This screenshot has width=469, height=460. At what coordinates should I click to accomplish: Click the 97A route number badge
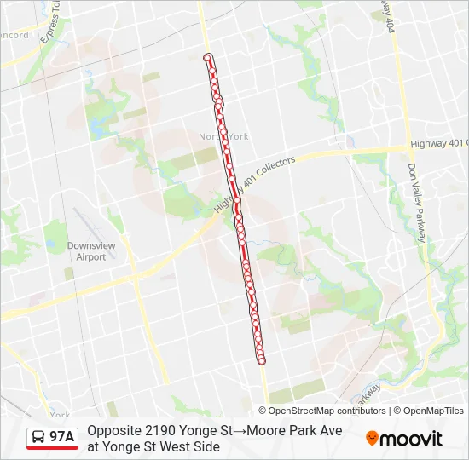[x=62, y=437]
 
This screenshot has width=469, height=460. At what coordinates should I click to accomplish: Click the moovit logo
[x=404, y=439]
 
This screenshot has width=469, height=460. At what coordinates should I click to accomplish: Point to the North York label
[x=223, y=136]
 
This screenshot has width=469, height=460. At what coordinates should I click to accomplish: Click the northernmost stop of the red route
[x=207, y=57]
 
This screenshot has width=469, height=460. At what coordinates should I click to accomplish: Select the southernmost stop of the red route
[x=262, y=361]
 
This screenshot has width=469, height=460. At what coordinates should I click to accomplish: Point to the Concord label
[x=13, y=36]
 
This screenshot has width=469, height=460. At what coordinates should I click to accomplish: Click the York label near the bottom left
[x=60, y=416]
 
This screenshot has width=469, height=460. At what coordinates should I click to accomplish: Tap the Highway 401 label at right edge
[x=438, y=143]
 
